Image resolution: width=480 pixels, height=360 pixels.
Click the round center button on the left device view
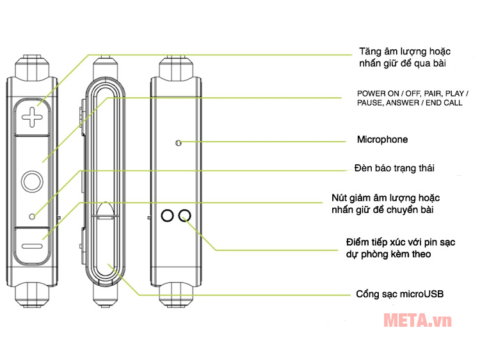pos(30,182)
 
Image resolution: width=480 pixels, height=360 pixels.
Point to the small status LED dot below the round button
pos(32,214)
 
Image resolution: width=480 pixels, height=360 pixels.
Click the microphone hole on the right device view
pos(179,143)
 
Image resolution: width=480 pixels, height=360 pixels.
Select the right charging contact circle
pos(185,215)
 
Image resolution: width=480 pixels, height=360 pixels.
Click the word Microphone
pos(381,139)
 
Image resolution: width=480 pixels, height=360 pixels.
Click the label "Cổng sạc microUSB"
pos(399,295)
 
